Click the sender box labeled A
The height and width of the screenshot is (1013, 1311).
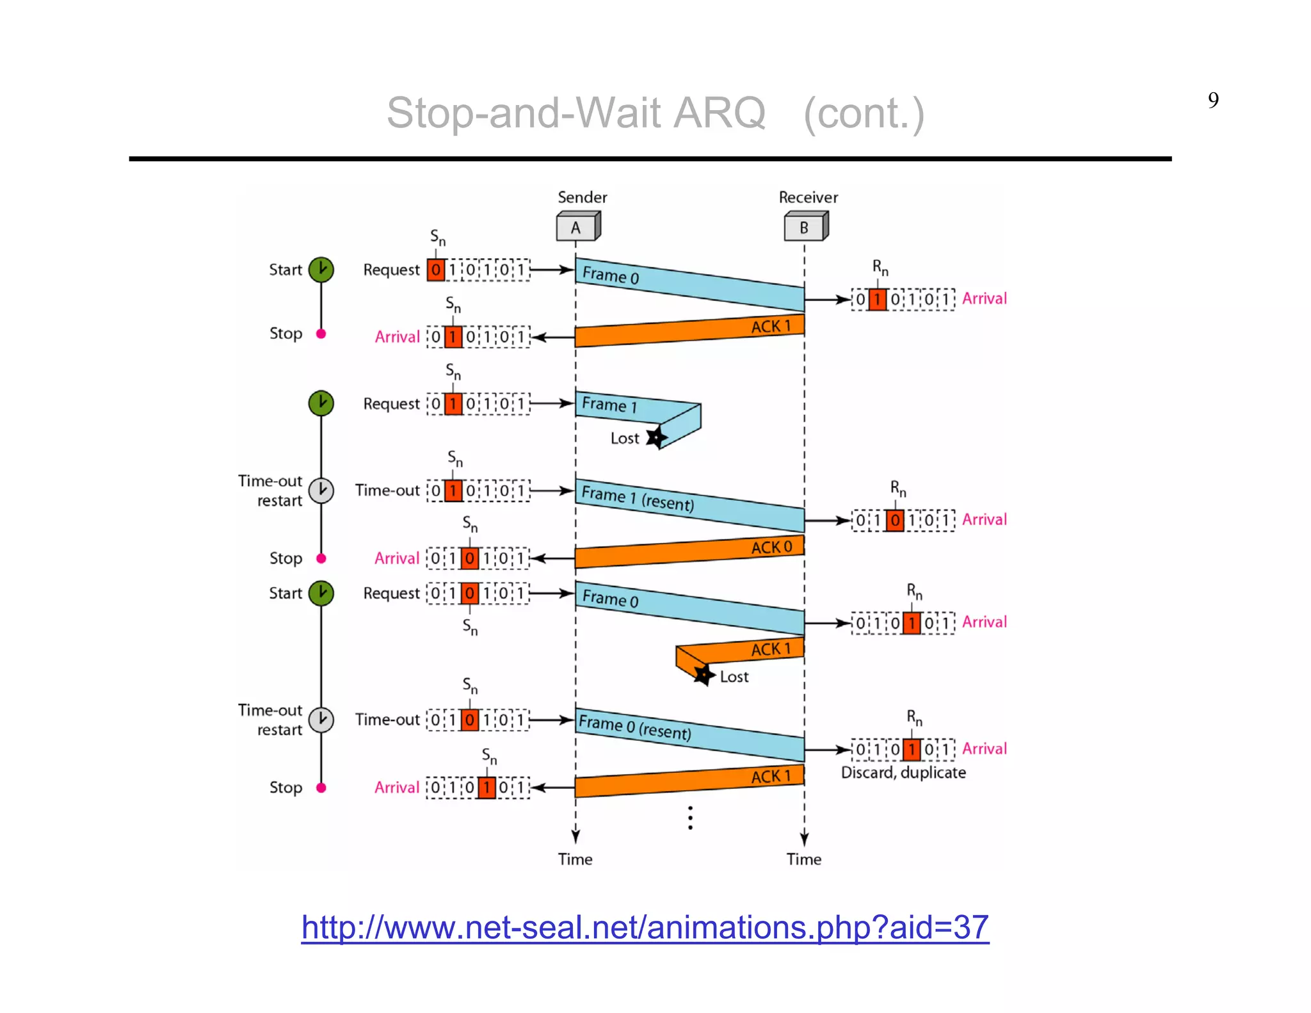[577, 228]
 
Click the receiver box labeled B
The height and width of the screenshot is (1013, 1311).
[805, 228]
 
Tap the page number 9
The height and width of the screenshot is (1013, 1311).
[1213, 101]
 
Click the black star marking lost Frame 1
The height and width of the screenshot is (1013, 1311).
[656, 438]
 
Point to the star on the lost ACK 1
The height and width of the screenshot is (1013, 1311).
[704, 674]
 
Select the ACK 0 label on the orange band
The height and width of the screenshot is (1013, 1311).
[771, 547]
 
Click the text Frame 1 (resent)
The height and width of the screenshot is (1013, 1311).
[637, 498]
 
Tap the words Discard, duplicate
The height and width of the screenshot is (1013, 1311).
[903, 773]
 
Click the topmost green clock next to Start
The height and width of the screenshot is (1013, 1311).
[321, 270]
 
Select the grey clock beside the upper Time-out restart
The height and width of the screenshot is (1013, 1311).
[321, 490]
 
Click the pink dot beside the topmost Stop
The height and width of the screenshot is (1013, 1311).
[321, 334]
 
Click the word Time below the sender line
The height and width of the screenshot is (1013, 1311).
[575, 859]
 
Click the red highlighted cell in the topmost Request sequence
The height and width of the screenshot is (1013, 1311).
[436, 270]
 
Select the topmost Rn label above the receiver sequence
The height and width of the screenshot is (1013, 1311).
[880, 268]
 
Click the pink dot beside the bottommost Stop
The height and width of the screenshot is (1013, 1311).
[321, 788]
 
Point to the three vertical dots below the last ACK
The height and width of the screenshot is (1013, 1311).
[690, 818]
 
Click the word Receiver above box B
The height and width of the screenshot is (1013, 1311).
[808, 197]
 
